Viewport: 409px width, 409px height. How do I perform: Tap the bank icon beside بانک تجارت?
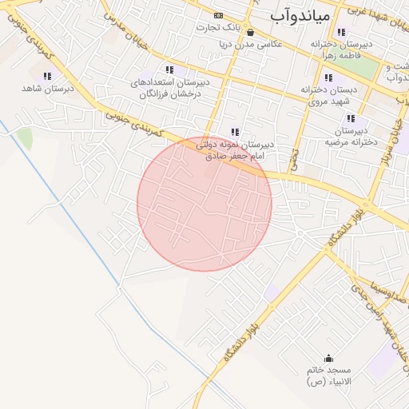tap(219, 16)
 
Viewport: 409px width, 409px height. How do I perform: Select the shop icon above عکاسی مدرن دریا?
tap(251, 33)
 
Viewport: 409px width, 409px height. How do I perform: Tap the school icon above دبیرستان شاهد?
tap(47, 76)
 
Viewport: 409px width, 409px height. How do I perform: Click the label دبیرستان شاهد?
tap(47, 89)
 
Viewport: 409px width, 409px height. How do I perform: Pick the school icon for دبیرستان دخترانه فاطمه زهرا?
tap(342, 33)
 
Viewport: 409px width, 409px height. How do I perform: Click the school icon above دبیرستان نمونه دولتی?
tap(234, 132)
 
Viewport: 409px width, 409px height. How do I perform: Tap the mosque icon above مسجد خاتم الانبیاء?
tap(328, 358)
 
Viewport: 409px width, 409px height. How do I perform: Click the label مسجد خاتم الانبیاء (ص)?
tap(328, 377)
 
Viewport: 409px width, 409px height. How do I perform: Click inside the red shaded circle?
tap(204, 203)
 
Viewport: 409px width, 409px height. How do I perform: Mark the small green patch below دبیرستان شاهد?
tap(25, 137)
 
